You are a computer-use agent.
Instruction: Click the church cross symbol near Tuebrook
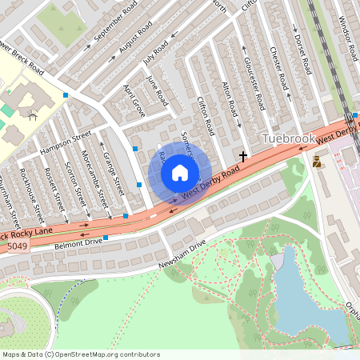pyautogui.click(x=243, y=155)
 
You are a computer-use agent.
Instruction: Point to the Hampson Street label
pyautogui.click(x=66, y=142)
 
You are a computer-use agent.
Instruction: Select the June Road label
pyautogui.click(x=158, y=92)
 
